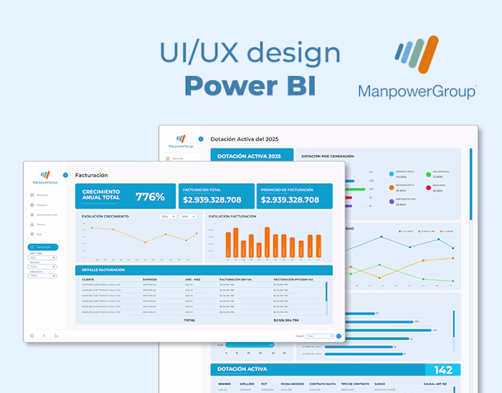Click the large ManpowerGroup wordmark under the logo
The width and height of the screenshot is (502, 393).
pyautogui.click(x=417, y=91)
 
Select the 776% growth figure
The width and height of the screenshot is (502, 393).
pyautogui.click(x=150, y=196)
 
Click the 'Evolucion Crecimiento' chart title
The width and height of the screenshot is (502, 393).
pyautogui.click(x=105, y=216)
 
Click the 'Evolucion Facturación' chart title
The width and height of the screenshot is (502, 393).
pyautogui.click(x=233, y=216)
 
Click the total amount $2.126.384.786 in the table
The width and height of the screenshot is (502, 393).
pyautogui.click(x=286, y=320)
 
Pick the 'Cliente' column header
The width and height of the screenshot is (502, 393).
pyautogui.click(x=88, y=279)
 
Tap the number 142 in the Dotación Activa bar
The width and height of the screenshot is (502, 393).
pyautogui.click(x=443, y=370)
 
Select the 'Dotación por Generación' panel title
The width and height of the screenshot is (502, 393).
pyautogui.click(x=328, y=156)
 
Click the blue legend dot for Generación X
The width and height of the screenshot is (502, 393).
pyautogui.click(x=392, y=173)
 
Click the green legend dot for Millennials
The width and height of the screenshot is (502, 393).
pyautogui.click(x=428, y=173)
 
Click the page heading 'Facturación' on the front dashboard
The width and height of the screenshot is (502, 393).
pyautogui.click(x=91, y=174)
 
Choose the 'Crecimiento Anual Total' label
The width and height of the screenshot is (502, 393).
pyautogui.click(x=101, y=194)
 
